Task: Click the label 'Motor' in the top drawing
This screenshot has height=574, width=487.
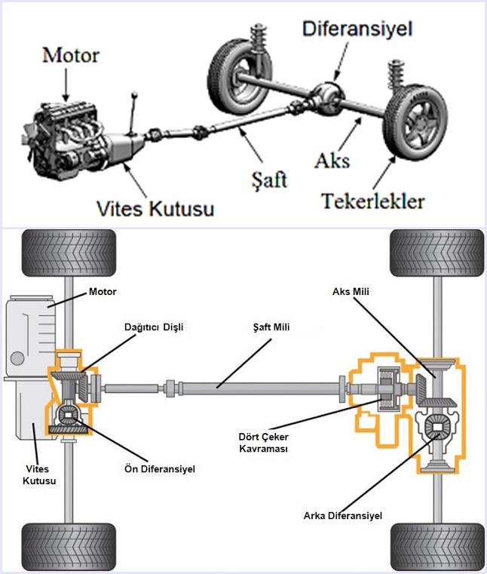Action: (x=71, y=55)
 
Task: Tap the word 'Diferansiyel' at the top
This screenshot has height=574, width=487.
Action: (x=357, y=30)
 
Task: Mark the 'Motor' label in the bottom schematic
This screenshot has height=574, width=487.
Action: (x=103, y=291)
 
